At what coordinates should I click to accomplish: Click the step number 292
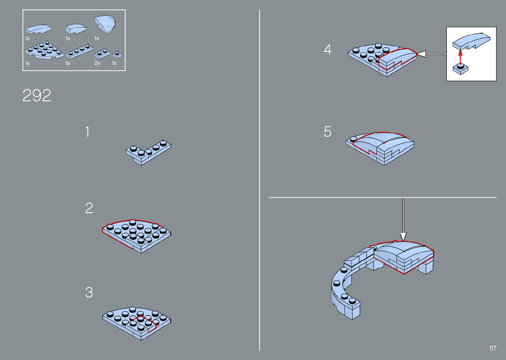pyautogui.click(x=37, y=95)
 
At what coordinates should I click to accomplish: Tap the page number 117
pyautogui.click(x=493, y=348)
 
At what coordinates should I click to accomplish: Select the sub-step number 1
pyautogui.click(x=88, y=132)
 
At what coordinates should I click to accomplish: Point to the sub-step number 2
pyautogui.click(x=89, y=208)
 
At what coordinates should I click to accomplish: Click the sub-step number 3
pyautogui.click(x=89, y=292)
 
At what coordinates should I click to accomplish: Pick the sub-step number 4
pyautogui.click(x=328, y=49)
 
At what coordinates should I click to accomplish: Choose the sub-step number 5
pyautogui.click(x=328, y=132)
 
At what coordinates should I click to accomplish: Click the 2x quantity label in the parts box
pyautogui.click(x=97, y=63)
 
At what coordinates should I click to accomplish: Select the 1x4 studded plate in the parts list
pyautogui.click(x=79, y=52)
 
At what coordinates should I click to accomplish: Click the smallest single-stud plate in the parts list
pyautogui.click(x=117, y=55)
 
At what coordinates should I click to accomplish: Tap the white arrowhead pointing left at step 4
pyautogui.click(x=421, y=54)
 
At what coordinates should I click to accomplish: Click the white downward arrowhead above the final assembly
pyautogui.click(x=403, y=236)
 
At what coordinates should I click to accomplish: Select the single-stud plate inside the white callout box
pyautogui.click(x=460, y=69)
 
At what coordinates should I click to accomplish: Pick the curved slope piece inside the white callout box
pyautogui.click(x=471, y=42)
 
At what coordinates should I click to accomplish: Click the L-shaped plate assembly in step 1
pyautogui.click(x=148, y=152)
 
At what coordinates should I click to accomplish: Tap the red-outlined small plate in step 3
pyautogui.click(x=144, y=324)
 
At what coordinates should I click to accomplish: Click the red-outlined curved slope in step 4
pyautogui.click(x=398, y=59)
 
